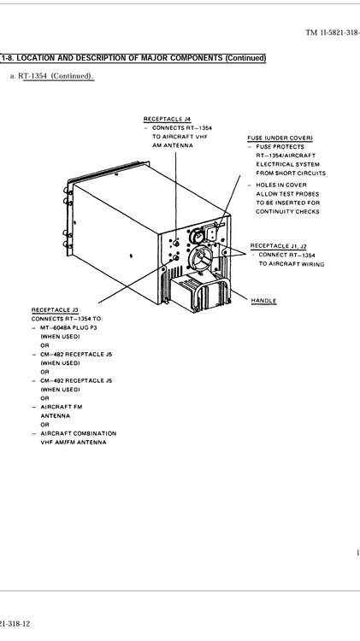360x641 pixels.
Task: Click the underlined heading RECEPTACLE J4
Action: [167, 119]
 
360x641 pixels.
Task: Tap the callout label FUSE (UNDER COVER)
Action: [280, 138]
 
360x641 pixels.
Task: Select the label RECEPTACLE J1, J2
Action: [278, 245]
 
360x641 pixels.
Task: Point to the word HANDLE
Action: [263, 301]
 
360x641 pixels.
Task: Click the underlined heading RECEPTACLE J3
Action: [55, 310]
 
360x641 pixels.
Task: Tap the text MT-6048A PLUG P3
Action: [68, 327]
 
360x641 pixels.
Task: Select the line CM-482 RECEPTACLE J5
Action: [76, 354]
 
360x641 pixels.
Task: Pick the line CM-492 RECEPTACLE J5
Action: [76, 380]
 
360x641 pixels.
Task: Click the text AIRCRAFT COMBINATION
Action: [79, 433]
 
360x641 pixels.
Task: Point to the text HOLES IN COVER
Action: [281, 185]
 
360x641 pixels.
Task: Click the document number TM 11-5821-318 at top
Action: [332, 32]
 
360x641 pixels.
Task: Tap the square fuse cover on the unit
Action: [214, 233]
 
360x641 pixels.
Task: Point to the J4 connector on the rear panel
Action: [176, 243]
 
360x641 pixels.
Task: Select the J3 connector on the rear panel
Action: [176, 257]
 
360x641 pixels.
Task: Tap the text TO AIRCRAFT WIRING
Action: [292, 264]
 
